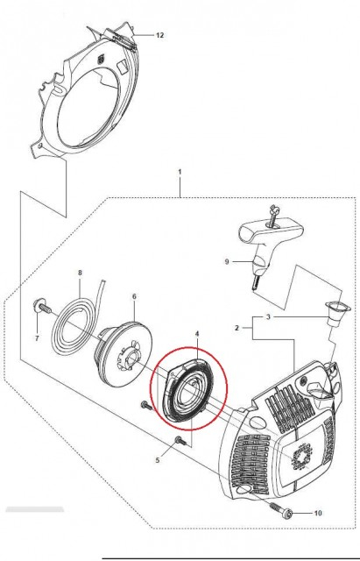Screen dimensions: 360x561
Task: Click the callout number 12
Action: pos(159,35)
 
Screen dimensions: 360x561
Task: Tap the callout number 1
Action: pos(180,172)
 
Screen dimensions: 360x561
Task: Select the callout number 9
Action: pos(227,261)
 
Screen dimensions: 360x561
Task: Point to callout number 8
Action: pos(80,273)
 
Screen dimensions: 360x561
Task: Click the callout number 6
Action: pos(134,296)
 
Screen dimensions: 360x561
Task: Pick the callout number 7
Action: pos(37,337)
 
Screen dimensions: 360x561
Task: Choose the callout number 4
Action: pos(197,333)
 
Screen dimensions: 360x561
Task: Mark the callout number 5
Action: pos(158,460)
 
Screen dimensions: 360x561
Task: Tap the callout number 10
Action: pos(318,513)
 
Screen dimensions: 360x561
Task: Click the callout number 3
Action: pos(269,316)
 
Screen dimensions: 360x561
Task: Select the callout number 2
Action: pos(236,327)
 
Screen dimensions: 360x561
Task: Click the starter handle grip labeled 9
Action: pos(271,247)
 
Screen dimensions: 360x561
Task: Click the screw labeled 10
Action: pos(282,510)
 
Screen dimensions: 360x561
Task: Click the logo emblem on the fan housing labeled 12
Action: pos(102,59)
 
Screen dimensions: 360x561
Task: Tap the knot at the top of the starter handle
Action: pos(274,218)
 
